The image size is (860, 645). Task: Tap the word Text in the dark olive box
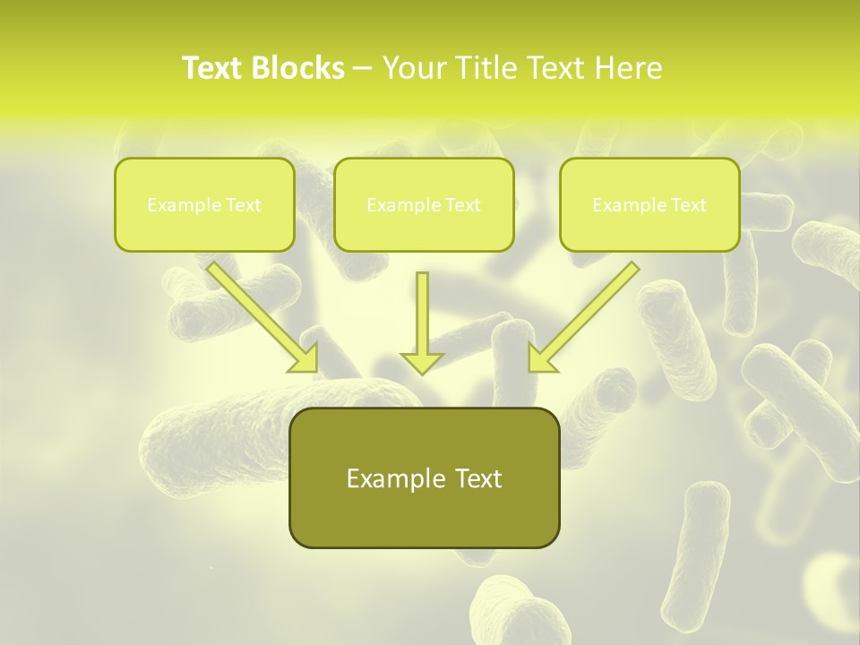[477, 478]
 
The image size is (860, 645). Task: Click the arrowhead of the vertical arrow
[422, 362]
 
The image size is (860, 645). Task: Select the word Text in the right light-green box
[688, 205]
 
